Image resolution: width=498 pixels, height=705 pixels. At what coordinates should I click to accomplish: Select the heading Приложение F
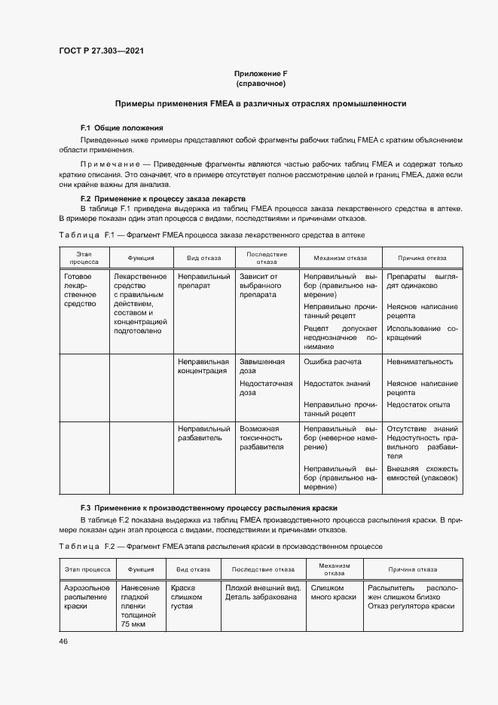(261, 73)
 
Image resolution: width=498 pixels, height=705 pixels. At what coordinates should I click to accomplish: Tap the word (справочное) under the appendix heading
(261, 83)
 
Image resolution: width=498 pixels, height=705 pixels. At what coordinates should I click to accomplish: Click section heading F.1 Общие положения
(122, 127)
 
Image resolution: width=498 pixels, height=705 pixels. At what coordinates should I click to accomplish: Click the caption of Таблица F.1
(212, 234)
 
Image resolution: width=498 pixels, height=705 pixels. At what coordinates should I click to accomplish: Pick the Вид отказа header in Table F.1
(203, 257)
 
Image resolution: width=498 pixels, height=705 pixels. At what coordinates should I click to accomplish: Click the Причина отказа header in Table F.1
(422, 257)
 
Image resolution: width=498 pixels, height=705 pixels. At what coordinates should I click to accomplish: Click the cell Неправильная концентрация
(203, 366)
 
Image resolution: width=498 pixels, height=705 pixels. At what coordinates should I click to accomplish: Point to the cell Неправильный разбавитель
(203, 433)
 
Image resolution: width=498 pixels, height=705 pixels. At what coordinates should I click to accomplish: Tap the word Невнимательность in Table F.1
(420, 361)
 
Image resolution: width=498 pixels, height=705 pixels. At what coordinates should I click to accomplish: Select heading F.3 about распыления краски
(209, 508)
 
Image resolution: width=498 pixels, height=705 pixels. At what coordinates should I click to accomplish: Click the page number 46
(63, 641)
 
